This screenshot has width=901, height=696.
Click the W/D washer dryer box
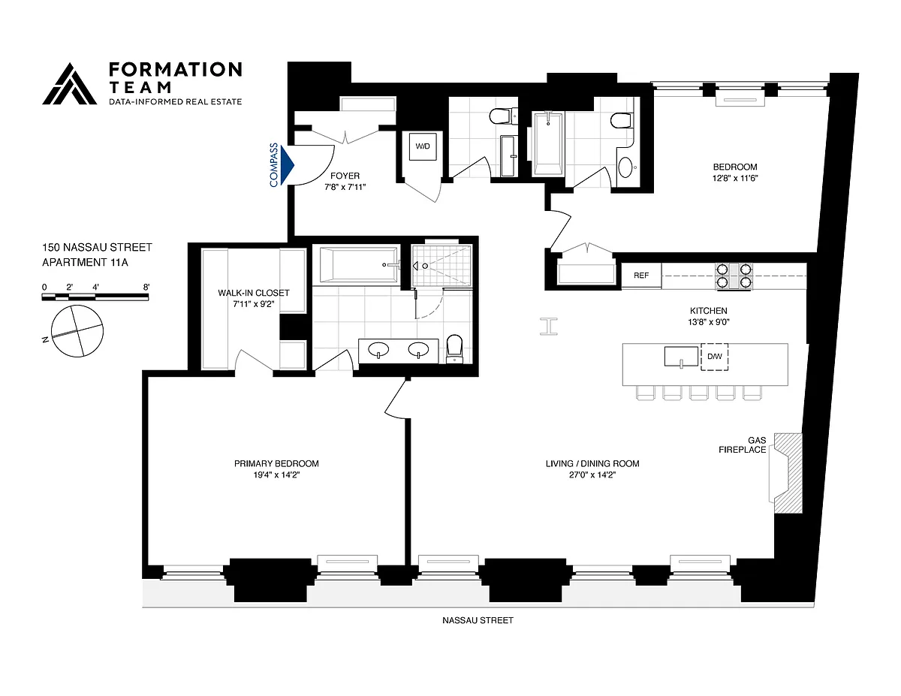point(423,146)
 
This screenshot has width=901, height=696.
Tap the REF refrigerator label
point(641,276)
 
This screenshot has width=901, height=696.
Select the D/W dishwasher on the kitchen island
point(714,357)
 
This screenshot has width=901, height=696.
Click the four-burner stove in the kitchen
point(734,276)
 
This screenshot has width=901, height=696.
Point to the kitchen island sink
point(681,357)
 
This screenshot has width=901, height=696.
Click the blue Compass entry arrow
point(287,165)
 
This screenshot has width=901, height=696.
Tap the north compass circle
point(77,331)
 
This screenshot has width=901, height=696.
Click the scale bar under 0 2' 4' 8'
point(95,297)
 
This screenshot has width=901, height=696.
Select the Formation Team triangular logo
point(70,84)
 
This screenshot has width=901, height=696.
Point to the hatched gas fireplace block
point(788,474)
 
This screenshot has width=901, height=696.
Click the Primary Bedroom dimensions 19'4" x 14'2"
point(276,475)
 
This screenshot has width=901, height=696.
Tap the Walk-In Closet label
point(254,293)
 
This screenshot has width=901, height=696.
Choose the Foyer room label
point(345,176)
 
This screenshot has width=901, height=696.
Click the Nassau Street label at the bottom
point(478,621)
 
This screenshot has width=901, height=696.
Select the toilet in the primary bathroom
point(455,348)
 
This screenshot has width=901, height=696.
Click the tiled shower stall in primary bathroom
point(442,266)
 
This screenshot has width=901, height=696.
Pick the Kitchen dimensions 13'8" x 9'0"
point(709,321)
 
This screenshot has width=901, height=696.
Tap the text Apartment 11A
point(85,262)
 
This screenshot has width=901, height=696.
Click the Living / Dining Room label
point(592,463)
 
